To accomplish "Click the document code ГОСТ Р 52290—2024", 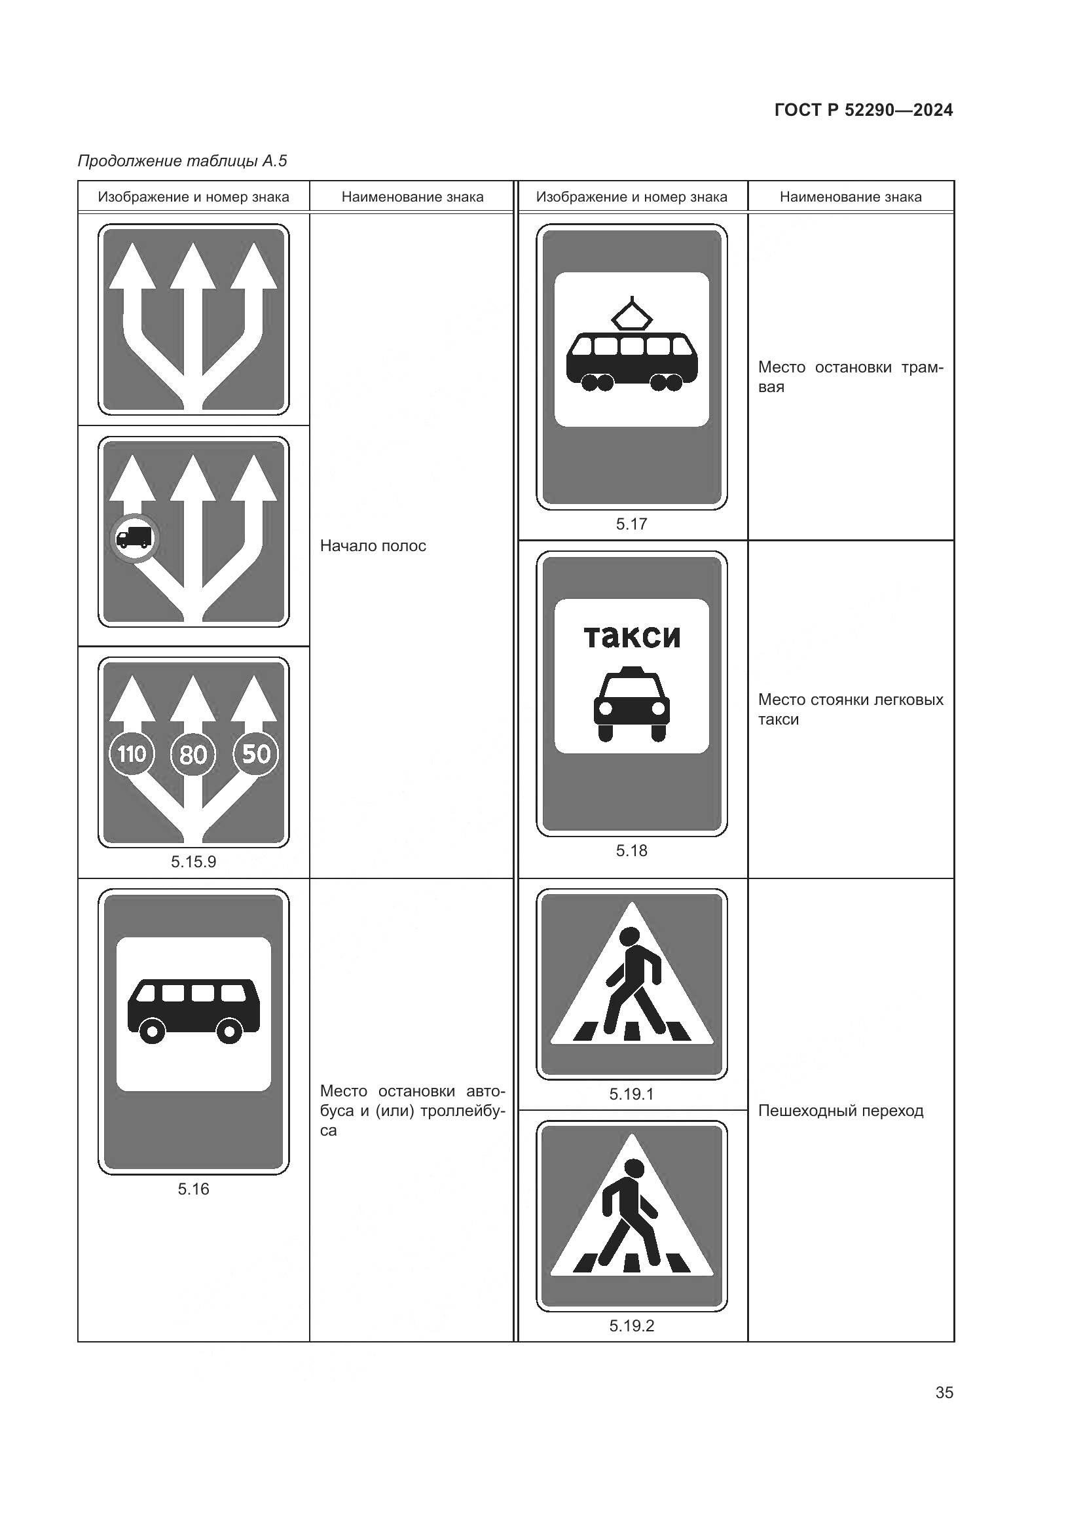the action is click(x=864, y=110).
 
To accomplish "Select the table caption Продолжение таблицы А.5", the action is click(x=182, y=161).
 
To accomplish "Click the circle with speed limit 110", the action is click(x=132, y=754).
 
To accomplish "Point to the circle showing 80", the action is click(x=193, y=754).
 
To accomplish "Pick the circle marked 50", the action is click(x=255, y=754).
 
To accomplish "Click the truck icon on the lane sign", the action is click(x=134, y=537).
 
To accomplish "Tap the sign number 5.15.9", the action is click(x=193, y=862).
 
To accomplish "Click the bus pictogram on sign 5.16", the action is click(x=193, y=1011).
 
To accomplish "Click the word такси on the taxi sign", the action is click(x=631, y=636).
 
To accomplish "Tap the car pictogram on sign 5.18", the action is click(x=631, y=704).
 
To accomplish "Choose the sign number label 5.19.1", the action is click(x=631, y=1094).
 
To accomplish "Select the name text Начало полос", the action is click(x=373, y=546).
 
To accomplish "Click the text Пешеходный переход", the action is click(x=841, y=1111).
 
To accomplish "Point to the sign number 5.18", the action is click(x=631, y=851).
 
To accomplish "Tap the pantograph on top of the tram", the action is click(x=631, y=314).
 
